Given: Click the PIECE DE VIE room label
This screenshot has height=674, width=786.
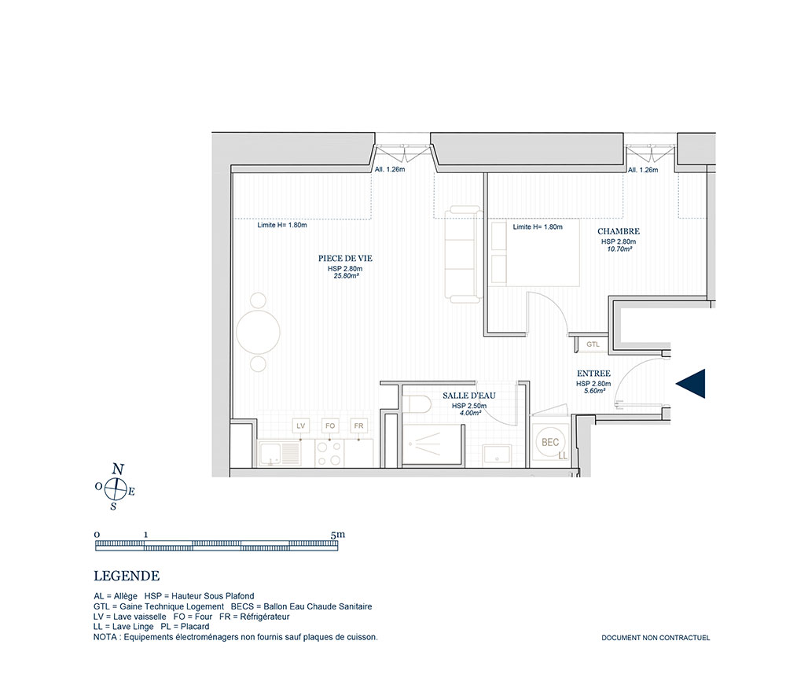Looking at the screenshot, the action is pyautogui.click(x=345, y=258).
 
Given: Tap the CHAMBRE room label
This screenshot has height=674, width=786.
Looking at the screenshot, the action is pyautogui.click(x=619, y=231).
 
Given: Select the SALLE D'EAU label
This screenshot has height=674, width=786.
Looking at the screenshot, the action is pyautogui.click(x=468, y=396).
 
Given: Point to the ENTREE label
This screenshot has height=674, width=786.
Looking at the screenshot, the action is pyautogui.click(x=593, y=374).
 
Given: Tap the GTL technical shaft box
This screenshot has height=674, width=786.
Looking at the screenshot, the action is pyautogui.click(x=593, y=344).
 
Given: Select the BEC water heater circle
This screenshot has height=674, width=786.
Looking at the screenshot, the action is pyautogui.click(x=550, y=442).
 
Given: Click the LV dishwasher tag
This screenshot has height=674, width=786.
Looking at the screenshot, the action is pyautogui.click(x=301, y=425).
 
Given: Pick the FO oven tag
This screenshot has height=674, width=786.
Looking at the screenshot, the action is pyautogui.click(x=330, y=425).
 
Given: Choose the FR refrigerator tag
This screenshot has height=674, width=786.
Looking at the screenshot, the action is pyautogui.click(x=359, y=425).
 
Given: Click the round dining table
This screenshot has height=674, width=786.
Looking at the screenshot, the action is pyautogui.click(x=258, y=332).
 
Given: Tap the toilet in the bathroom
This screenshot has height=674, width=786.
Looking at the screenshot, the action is pyautogui.click(x=417, y=404).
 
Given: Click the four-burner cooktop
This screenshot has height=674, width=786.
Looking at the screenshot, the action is pyautogui.click(x=329, y=453).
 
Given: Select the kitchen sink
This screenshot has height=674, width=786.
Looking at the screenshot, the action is pyautogui.click(x=280, y=453).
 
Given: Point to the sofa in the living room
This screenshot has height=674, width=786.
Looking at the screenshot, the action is pyautogui.click(x=465, y=254).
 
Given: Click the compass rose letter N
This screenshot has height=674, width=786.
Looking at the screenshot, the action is pyautogui.click(x=118, y=470).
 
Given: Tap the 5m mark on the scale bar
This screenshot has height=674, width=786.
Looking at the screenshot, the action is pyautogui.click(x=338, y=535).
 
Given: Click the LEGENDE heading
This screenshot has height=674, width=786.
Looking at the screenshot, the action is pyautogui.click(x=127, y=576).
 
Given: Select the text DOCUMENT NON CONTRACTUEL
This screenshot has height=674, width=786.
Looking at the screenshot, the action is pyautogui.click(x=656, y=638).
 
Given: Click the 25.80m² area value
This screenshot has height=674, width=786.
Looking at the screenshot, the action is pyautogui.click(x=346, y=276).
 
